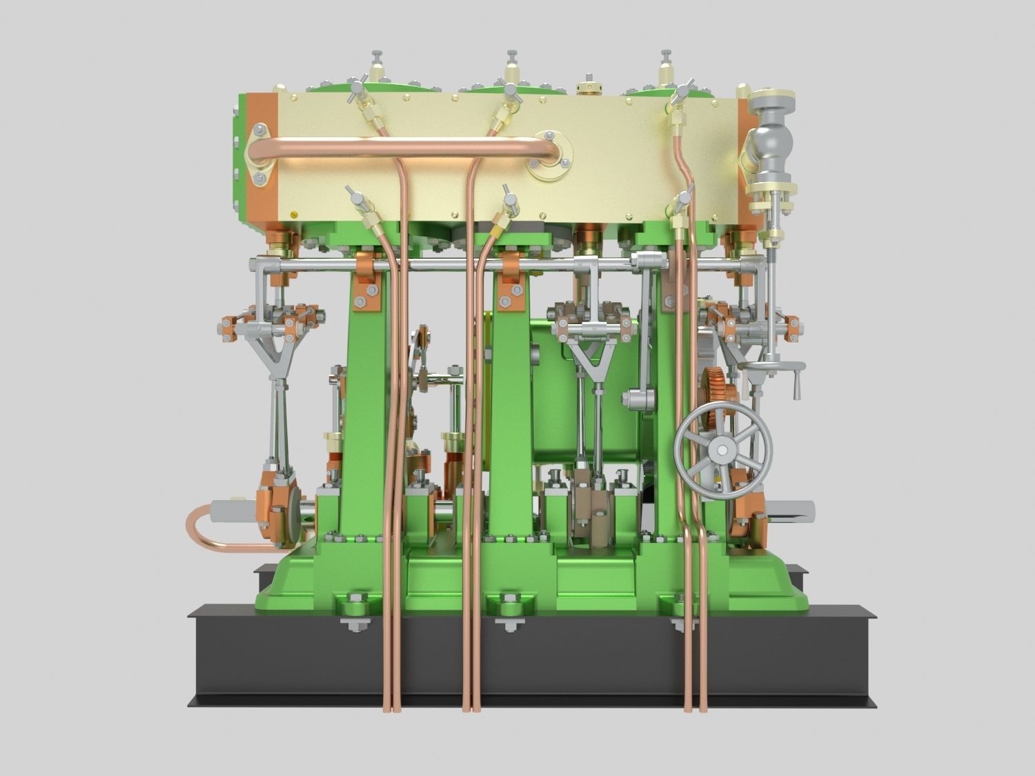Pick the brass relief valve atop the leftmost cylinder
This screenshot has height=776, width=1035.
(377, 68)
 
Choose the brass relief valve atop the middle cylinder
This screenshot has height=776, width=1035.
(511, 68)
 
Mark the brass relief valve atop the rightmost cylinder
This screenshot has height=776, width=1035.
(666, 68)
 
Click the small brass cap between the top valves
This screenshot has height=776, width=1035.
(588, 89)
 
